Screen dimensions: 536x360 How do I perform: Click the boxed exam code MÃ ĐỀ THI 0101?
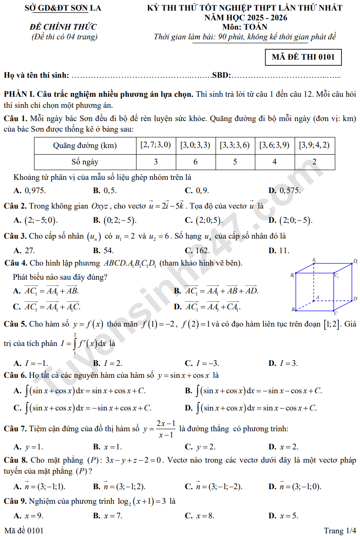303,57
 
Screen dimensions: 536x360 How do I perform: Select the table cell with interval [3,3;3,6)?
235,145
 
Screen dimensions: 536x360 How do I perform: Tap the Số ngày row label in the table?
85,162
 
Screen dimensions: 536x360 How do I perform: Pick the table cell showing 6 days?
195,162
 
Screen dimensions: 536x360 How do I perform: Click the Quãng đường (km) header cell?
85,145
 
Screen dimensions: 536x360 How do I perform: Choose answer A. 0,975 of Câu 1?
30,190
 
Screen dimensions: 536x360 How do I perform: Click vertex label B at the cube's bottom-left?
293,309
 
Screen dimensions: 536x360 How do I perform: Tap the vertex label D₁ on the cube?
355,262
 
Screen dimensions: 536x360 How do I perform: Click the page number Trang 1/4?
340,530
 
